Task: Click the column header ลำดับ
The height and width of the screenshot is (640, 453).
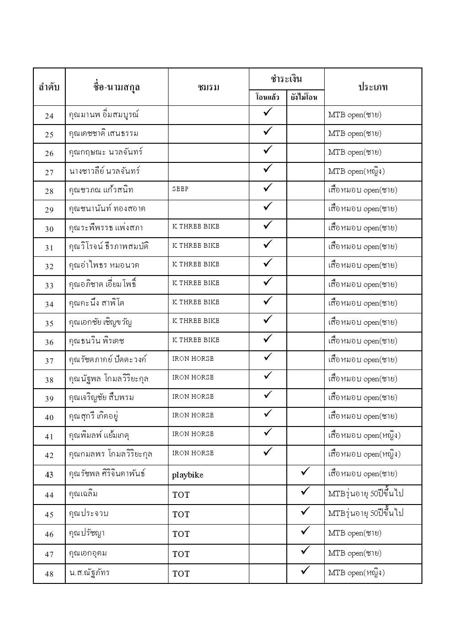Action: tap(49, 87)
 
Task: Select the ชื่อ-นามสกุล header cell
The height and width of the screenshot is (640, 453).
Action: tap(116, 87)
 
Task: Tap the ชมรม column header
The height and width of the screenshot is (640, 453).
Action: tap(209, 87)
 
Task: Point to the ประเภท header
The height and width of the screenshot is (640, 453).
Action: tap(373, 87)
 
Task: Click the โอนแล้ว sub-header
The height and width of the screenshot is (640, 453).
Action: tap(268, 97)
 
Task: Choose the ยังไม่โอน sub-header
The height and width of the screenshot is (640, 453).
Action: tap(305, 97)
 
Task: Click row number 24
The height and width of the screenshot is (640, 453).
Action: tap(49, 116)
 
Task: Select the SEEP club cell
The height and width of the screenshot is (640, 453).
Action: tap(180, 189)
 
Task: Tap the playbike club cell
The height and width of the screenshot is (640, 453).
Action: tap(188, 475)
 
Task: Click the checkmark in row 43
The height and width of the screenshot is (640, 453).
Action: tap(306, 471)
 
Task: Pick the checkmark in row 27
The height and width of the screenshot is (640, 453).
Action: tap(268, 169)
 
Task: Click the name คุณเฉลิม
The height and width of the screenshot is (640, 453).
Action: tap(83, 494)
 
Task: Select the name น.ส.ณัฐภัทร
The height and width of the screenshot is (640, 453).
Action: tap(90, 573)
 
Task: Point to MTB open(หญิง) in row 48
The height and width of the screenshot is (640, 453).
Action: tap(356, 573)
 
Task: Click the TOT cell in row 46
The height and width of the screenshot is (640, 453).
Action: tap(181, 534)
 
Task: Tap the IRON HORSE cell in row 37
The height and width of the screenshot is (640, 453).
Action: tap(193, 359)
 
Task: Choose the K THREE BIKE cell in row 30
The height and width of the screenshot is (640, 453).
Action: tap(196, 226)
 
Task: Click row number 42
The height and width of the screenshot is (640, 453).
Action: tap(49, 455)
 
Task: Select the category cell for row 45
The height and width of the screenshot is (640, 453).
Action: tap(366, 514)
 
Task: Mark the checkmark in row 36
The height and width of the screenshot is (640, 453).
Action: tap(268, 338)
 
